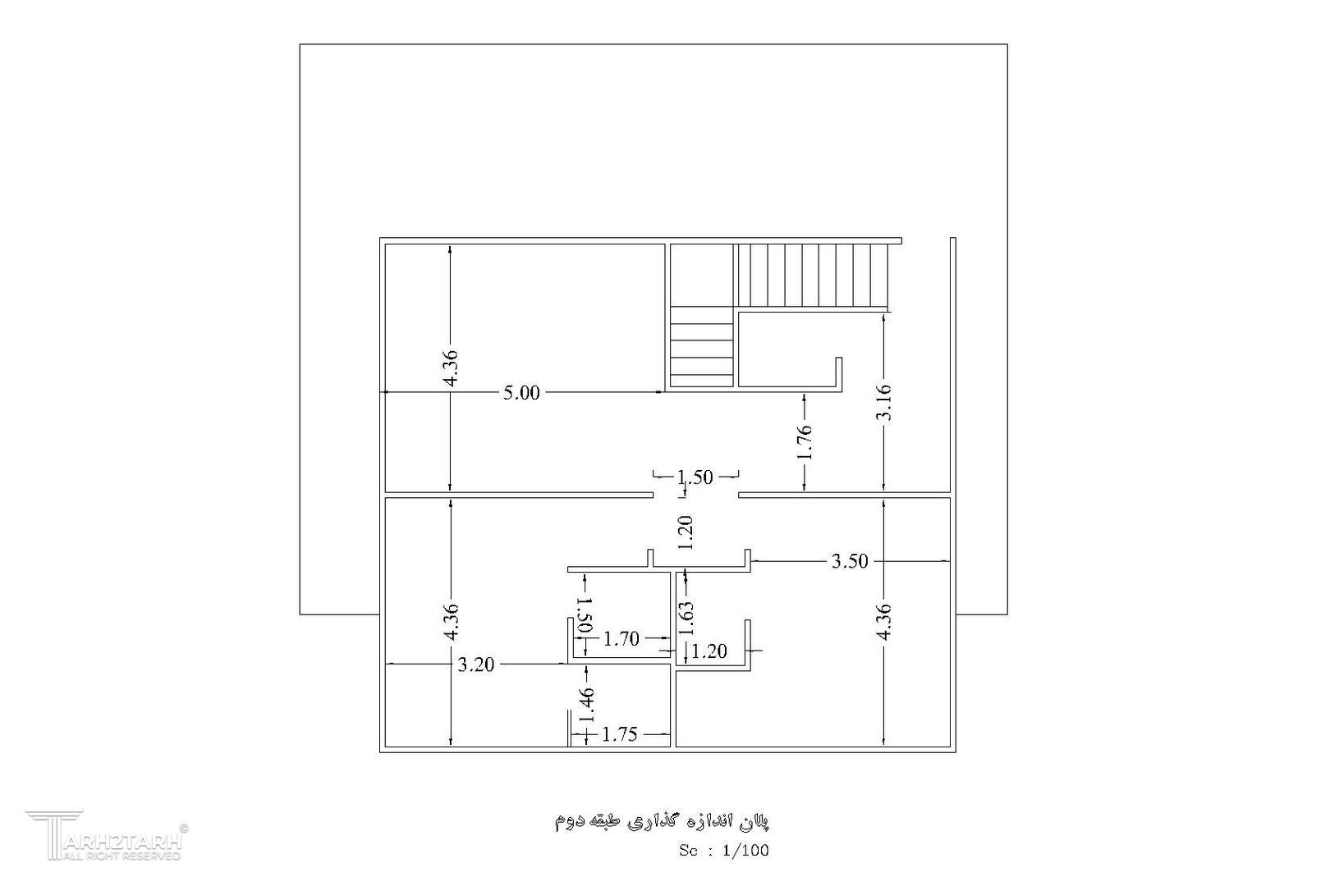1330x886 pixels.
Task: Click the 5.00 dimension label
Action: coord(521,393)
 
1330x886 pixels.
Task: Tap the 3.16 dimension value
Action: coord(883,402)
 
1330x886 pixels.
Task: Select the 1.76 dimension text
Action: coord(804,442)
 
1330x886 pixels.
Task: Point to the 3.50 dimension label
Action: coord(850,561)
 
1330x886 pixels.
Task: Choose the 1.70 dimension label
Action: coord(621,639)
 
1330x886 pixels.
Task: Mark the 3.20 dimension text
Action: coord(475,664)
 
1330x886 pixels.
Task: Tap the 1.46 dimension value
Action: coord(587,706)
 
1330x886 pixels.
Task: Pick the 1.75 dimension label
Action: coord(620,735)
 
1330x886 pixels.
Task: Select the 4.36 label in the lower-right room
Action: coord(883,621)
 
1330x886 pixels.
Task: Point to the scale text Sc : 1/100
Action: coord(724,851)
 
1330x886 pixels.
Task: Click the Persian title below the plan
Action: coord(662,821)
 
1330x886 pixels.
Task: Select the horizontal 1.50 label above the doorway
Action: coord(695,477)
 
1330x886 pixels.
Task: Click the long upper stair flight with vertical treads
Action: coord(813,276)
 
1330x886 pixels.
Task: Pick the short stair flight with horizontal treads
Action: coord(701,346)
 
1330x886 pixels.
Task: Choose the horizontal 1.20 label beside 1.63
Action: coord(709,651)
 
